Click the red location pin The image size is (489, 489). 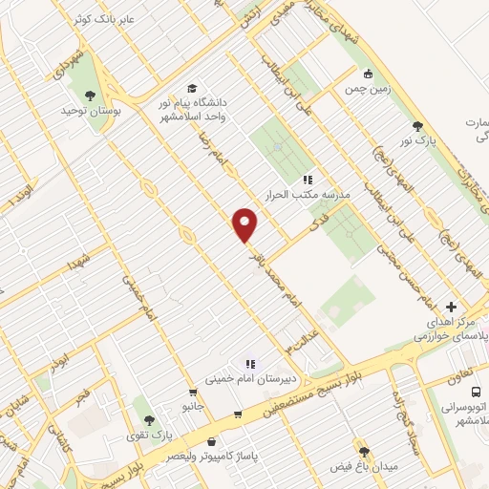[x=245, y=224]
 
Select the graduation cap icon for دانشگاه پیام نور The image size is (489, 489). [x=193, y=90]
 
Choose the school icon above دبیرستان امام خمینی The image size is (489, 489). [x=250, y=363]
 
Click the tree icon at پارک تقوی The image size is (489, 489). [x=147, y=420]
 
